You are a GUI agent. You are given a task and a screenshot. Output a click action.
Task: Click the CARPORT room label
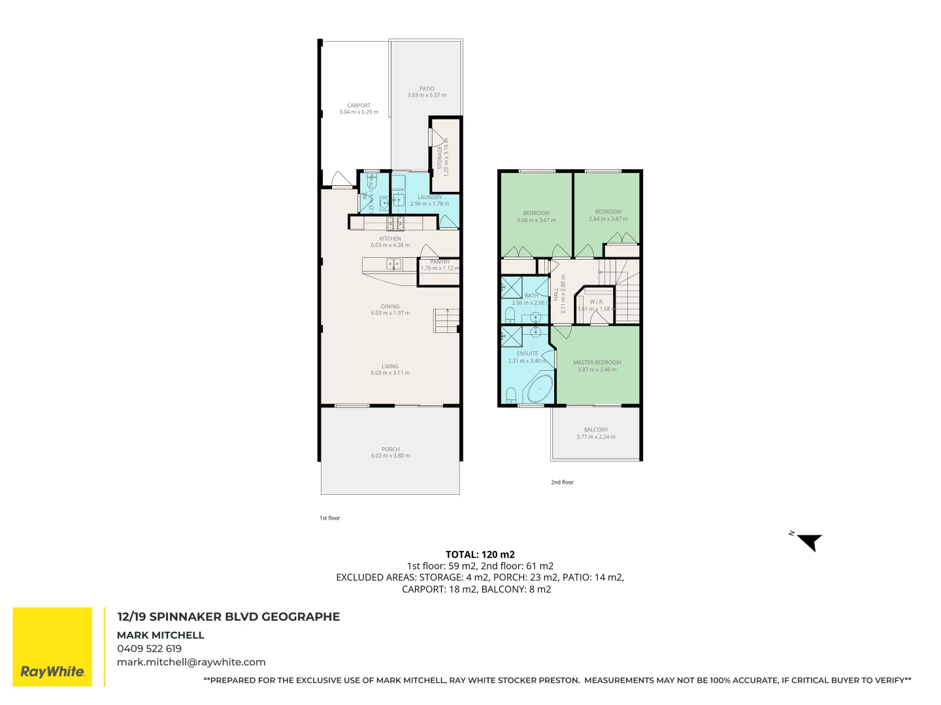pyautogui.click(x=359, y=105)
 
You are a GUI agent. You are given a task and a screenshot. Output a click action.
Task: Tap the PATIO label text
pyautogui.click(x=427, y=88)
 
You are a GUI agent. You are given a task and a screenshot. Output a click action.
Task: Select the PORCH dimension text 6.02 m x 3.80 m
pyautogui.click(x=390, y=456)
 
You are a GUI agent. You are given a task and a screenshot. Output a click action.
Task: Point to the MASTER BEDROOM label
pyautogui.click(x=597, y=362)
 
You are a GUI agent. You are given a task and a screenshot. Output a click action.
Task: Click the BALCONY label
pyautogui.click(x=596, y=430)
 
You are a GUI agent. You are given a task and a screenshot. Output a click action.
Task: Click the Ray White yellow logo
pyautogui.click(x=52, y=646)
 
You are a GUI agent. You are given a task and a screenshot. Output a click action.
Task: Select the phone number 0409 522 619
pyautogui.click(x=149, y=648)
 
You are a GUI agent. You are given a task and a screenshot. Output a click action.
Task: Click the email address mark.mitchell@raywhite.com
pyautogui.click(x=191, y=662)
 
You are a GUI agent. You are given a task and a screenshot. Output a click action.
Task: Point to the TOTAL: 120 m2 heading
pyautogui.click(x=480, y=554)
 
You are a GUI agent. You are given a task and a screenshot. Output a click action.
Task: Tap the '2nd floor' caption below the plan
pyautogui.click(x=561, y=482)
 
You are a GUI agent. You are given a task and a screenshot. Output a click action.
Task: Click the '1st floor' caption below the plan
pyautogui.click(x=329, y=518)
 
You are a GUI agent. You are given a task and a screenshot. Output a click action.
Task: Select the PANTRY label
pyautogui.click(x=440, y=262)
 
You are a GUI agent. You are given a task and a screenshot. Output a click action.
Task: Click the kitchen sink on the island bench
pyautogui.click(x=393, y=264)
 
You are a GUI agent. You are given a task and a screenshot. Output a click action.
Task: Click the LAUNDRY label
pyautogui.click(x=429, y=197)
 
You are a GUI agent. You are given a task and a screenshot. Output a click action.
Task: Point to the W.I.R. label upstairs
pyautogui.click(x=596, y=302)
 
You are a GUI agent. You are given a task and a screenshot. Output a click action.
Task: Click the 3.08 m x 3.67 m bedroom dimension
pyautogui.click(x=536, y=220)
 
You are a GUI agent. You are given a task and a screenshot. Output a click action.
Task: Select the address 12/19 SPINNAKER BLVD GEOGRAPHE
pyautogui.click(x=228, y=616)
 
